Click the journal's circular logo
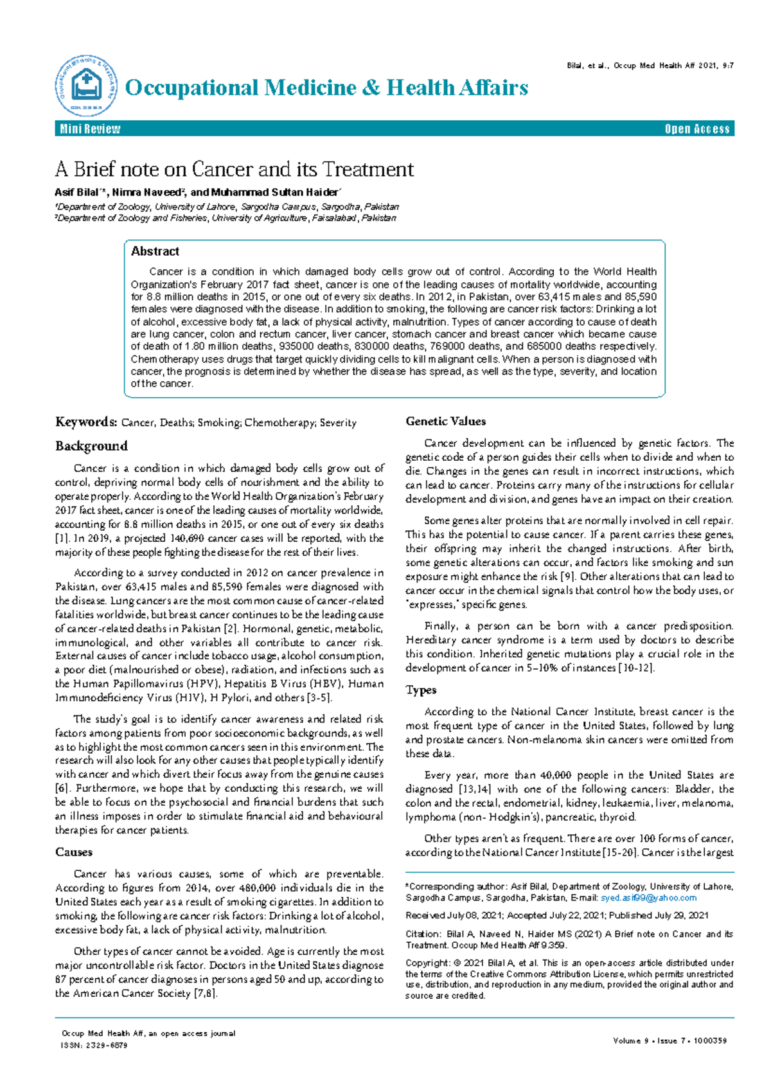pyautogui.click(x=86, y=86)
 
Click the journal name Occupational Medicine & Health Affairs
pyautogui.click(x=326, y=87)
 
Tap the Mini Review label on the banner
pyautogui.click(x=90, y=129)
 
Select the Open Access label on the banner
pyautogui.click(x=697, y=129)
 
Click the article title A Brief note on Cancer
pyautogui.click(x=235, y=170)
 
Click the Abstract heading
pyautogui.click(x=155, y=251)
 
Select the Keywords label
pyautogui.click(x=85, y=422)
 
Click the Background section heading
pyautogui.click(x=91, y=446)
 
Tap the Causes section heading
pyautogui.click(x=74, y=852)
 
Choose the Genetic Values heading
pyautogui.click(x=445, y=422)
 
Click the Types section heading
pyautogui.click(x=421, y=690)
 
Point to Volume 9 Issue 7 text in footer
pyautogui.click(x=670, y=1041)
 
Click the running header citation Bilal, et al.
pyautogui.click(x=650, y=66)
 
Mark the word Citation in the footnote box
pyautogui.click(x=422, y=934)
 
